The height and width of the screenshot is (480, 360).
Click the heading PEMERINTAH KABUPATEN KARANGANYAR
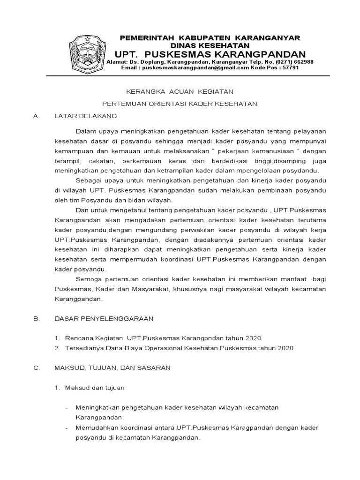(x=210, y=37)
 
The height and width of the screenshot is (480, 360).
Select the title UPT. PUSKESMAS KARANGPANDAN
(x=210, y=53)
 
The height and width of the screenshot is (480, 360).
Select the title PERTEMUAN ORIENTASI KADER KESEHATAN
(x=180, y=104)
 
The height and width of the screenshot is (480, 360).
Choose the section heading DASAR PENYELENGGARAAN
(x=104, y=318)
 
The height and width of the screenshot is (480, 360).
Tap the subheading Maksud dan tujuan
(x=94, y=388)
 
